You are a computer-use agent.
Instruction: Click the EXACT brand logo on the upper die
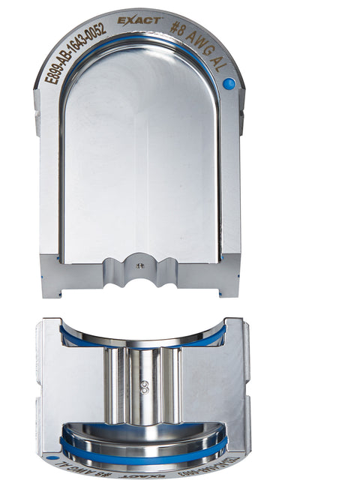(139, 19)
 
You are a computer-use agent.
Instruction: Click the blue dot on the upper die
(229, 84)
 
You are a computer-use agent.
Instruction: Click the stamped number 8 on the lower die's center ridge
(142, 388)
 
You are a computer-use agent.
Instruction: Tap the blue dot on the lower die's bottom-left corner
(52, 455)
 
